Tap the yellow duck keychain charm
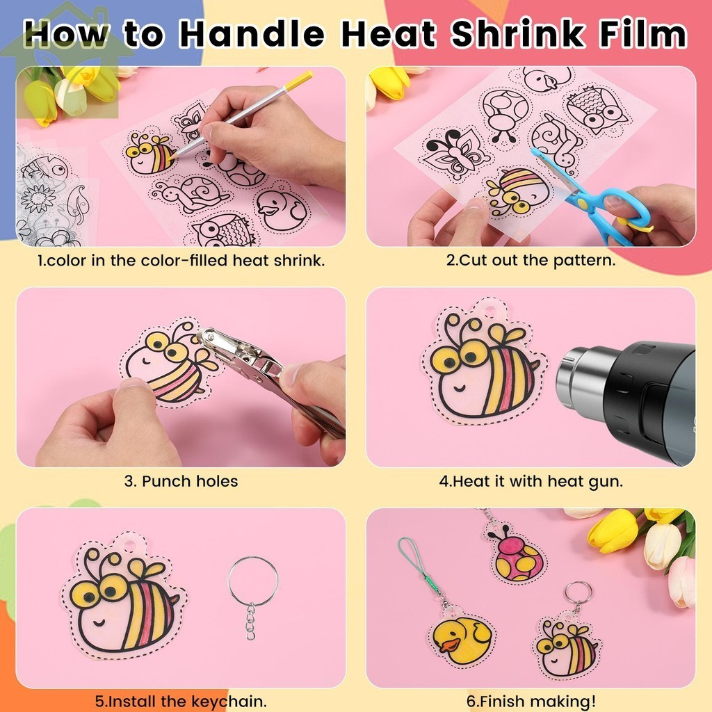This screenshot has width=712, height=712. (462, 638)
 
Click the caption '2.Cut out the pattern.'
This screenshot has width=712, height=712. (531, 261)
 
